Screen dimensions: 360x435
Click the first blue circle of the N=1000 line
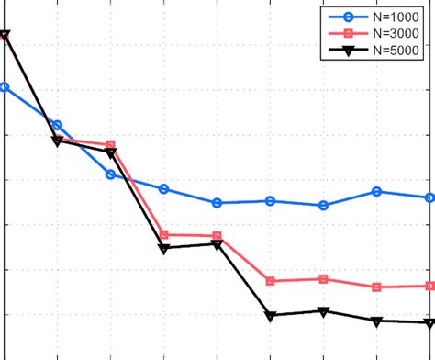(x=5, y=87)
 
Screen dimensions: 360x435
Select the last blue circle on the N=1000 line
(x=430, y=197)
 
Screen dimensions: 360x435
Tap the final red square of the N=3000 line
(x=430, y=287)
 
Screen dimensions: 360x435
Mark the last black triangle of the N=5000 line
(x=430, y=322)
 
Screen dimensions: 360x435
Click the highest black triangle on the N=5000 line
(x=5, y=36)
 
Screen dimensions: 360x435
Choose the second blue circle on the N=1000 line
(x=58, y=125)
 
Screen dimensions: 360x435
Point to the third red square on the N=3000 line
(x=111, y=145)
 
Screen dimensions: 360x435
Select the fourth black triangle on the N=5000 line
(x=164, y=248)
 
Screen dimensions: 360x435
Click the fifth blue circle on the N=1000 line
(x=217, y=202)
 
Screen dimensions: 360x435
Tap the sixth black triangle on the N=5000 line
(x=271, y=316)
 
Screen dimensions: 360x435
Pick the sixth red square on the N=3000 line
(x=271, y=281)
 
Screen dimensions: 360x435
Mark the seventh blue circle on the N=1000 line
(x=324, y=206)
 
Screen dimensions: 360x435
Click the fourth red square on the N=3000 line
(x=164, y=235)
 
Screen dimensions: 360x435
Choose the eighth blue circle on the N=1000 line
(x=377, y=191)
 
